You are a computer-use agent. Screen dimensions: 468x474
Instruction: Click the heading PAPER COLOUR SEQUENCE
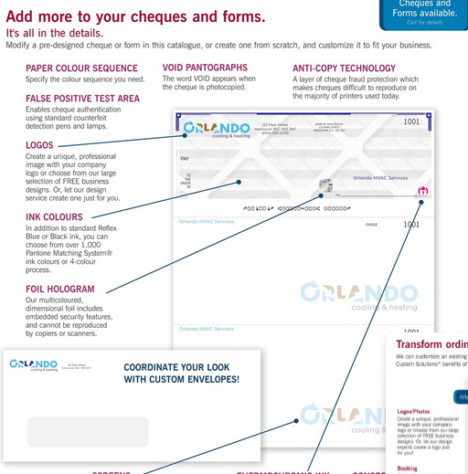[x=82, y=68]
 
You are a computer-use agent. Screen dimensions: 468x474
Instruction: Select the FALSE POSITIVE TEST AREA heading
[x=83, y=99]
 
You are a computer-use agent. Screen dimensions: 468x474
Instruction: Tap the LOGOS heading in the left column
[x=40, y=145]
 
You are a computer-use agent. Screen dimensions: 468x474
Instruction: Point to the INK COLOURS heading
[x=54, y=217]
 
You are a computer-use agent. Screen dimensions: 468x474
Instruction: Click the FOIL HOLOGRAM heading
[x=59, y=289]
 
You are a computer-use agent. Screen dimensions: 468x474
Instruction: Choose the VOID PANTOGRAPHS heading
[x=205, y=68]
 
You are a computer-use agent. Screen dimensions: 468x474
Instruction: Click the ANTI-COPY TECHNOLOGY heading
[x=344, y=68]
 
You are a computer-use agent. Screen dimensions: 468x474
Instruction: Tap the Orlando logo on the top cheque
[x=216, y=129]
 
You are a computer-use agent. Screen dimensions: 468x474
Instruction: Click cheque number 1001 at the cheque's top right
[x=411, y=121]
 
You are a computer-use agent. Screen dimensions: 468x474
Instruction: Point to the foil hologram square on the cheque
[x=325, y=185]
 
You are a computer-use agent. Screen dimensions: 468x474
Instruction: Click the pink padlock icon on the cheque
[x=421, y=191]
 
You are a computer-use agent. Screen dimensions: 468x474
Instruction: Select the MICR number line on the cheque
[x=297, y=208]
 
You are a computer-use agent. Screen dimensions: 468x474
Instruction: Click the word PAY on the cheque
[x=186, y=158]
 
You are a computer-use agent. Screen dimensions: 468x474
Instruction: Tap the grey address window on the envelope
[x=88, y=431]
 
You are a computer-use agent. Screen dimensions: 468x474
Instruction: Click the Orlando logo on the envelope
[x=34, y=364]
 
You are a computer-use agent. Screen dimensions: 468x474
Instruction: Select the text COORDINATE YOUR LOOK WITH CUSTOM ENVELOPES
[x=182, y=373]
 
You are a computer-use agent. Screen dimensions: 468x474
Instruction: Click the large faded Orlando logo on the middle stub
[x=359, y=295]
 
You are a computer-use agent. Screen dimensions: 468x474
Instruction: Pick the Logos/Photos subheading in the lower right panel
[x=414, y=412]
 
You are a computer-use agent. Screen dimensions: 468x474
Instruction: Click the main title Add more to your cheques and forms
[x=135, y=16]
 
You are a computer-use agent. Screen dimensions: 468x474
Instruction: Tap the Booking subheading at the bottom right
[x=407, y=469]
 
